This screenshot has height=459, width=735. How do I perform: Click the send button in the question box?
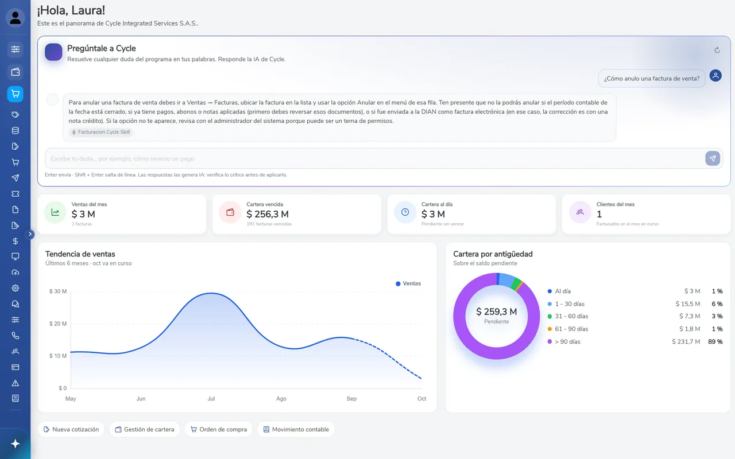click(x=713, y=159)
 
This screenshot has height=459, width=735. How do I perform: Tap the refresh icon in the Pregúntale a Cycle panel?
click(x=717, y=50)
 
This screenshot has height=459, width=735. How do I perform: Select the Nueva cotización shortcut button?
click(x=71, y=430)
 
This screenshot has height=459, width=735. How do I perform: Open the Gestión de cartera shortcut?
click(x=144, y=430)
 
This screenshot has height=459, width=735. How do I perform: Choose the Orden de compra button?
click(x=219, y=430)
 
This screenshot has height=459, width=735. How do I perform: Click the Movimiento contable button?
click(x=296, y=430)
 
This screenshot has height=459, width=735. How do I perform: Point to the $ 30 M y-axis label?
click(x=58, y=291)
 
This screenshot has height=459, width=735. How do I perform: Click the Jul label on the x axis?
click(x=211, y=399)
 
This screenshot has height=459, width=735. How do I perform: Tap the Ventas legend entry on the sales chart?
click(x=408, y=283)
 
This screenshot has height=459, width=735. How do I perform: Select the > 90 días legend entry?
click(x=564, y=341)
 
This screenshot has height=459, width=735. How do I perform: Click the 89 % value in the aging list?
click(x=715, y=341)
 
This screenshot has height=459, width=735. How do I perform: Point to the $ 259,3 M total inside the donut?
click(x=497, y=312)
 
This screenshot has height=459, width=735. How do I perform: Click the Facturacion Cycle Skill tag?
click(x=100, y=132)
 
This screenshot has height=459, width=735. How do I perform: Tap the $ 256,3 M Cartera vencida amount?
click(x=268, y=215)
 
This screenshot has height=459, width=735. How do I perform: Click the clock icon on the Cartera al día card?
click(x=405, y=212)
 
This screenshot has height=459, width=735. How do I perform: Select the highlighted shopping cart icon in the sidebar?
click(x=16, y=94)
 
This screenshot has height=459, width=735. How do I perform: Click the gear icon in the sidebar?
click(x=16, y=288)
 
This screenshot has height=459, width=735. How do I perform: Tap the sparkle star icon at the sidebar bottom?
click(x=16, y=444)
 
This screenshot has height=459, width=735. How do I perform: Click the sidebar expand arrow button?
click(x=30, y=234)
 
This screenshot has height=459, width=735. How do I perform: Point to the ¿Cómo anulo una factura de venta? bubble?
click(x=652, y=79)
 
